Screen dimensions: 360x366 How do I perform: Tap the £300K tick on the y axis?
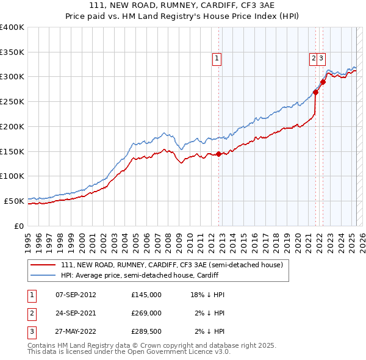(x=12, y=77)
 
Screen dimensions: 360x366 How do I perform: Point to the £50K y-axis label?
(x=14, y=201)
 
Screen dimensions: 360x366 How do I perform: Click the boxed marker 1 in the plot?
(x=217, y=59)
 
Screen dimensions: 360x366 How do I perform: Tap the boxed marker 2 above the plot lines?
(x=314, y=59)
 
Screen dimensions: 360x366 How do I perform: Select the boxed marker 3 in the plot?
(x=321, y=59)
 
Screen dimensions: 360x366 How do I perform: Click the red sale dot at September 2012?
(x=218, y=154)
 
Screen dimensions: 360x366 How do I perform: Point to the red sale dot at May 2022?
(x=323, y=82)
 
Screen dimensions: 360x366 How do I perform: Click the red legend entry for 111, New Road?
(x=172, y=265)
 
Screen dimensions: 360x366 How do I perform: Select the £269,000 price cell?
(x=146, y=313)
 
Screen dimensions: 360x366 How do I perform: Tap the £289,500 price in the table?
(x=146, y=331)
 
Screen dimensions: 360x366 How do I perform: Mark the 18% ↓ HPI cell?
(x=207, y=295)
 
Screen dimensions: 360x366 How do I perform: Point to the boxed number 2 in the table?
(x=31, y=313)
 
